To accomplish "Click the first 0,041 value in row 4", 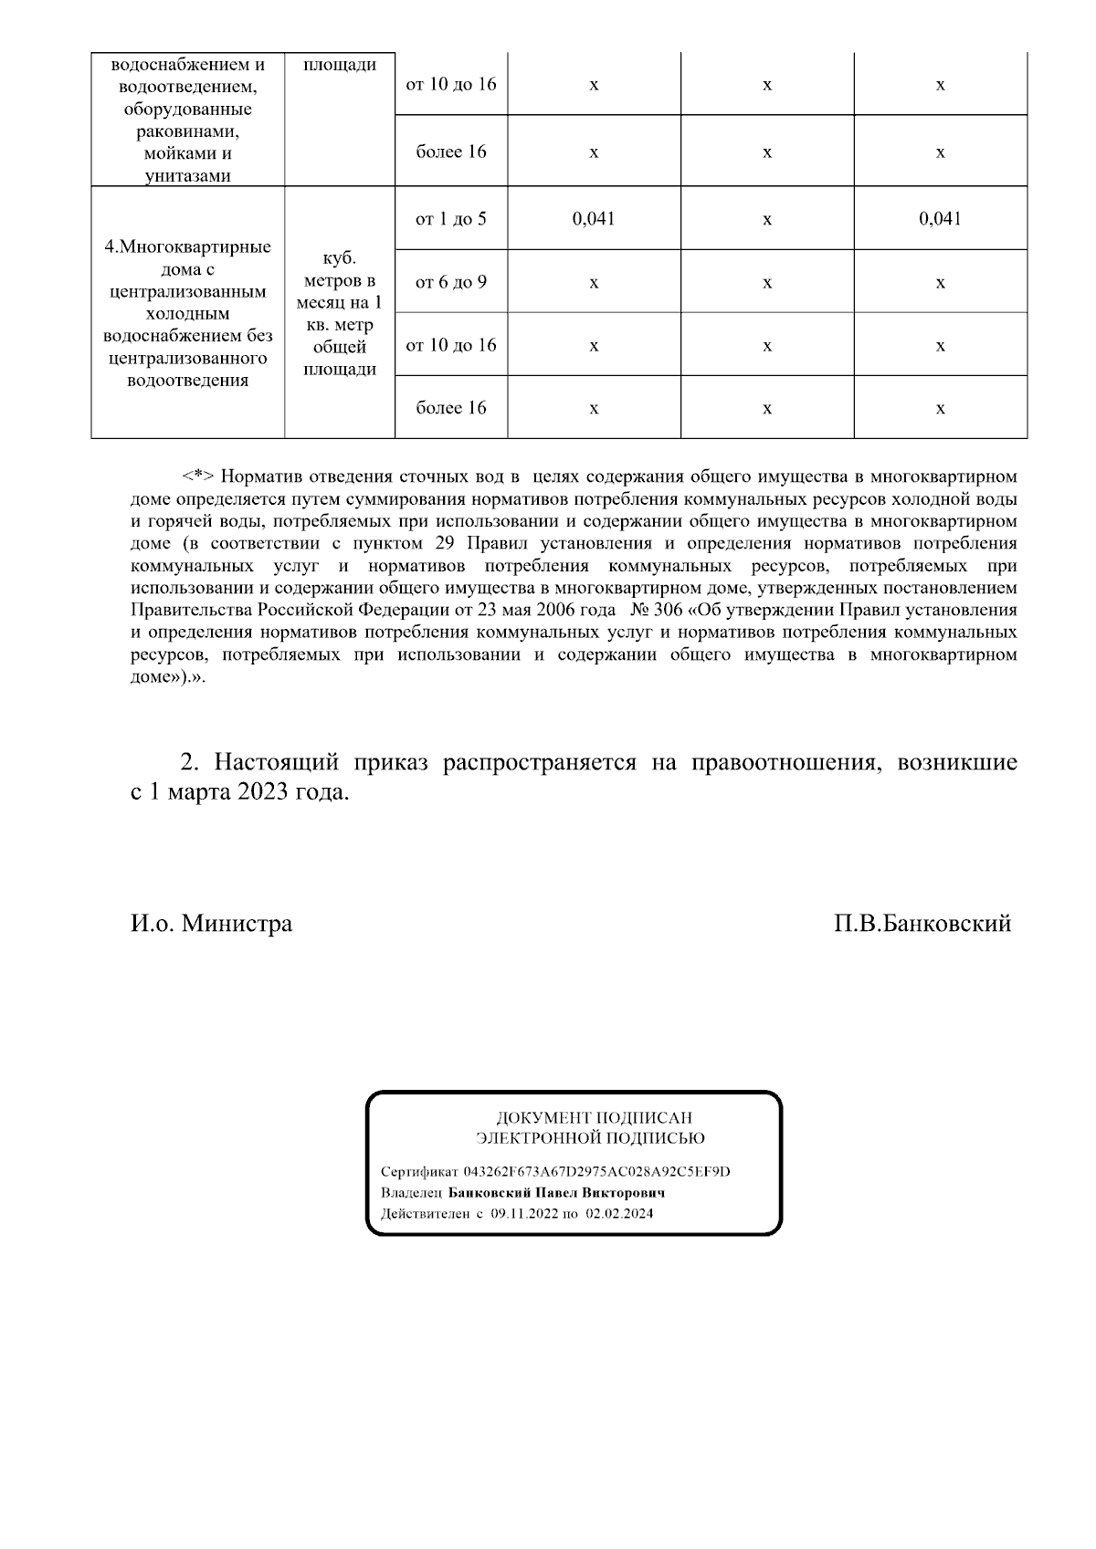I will (594, 219).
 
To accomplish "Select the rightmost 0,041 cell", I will (940, 219).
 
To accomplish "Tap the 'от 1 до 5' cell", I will (451, 219).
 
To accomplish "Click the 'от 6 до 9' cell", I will (451, 282).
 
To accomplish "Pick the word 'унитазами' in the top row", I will (187, 176).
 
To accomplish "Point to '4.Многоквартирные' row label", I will (187, 247).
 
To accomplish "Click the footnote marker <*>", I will (198, 476).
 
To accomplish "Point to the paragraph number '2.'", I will (189, 763).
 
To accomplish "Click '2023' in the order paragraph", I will (263, 792).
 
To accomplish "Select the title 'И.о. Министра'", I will (211, 924).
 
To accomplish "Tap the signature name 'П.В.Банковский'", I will (922, 924).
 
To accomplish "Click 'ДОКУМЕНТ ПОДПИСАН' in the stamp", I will (594, 1117).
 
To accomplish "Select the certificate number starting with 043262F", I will (596, 1172).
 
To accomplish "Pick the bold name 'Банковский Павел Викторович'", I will (557, 1193).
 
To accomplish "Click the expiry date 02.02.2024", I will (619, 1214).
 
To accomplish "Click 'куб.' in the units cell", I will (339, 259).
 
